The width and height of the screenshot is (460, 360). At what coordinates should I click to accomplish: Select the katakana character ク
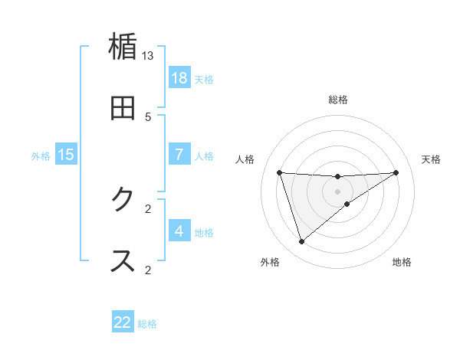point(123,200)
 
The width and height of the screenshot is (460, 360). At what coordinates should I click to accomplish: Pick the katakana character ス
point(123,260)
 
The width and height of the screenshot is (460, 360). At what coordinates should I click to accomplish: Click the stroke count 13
point(148,56)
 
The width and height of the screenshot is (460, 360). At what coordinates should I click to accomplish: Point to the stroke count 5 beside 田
point(148,117)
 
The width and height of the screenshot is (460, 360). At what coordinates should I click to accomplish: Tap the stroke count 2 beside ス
point(148,270)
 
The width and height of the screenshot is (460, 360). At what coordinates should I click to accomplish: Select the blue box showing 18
point(179,78)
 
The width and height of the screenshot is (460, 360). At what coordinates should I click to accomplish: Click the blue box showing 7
point(179,155)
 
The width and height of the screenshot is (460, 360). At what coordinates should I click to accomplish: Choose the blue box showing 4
point(179,231)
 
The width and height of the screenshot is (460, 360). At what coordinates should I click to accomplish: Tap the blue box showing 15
point(66,155)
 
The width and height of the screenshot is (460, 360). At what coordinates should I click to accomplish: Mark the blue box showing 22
point(123,322)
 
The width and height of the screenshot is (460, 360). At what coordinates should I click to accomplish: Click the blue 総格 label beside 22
point(147,324)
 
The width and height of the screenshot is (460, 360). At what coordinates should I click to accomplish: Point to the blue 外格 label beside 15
point(41,156)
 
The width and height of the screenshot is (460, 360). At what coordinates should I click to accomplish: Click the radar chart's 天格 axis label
point(432,159)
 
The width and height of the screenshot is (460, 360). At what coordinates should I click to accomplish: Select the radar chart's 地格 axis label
point(402,263)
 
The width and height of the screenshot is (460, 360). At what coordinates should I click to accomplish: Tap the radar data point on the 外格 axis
point(301,242)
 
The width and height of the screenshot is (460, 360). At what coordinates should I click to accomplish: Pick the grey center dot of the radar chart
point(338,191)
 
